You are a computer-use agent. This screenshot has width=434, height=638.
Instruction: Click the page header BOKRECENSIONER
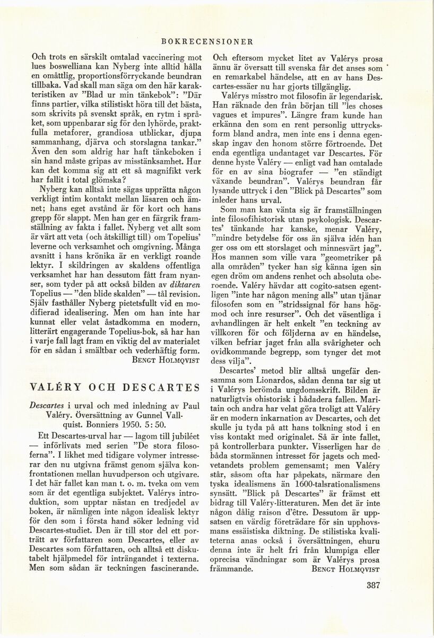pyautogui.click(x=217, y=40)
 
